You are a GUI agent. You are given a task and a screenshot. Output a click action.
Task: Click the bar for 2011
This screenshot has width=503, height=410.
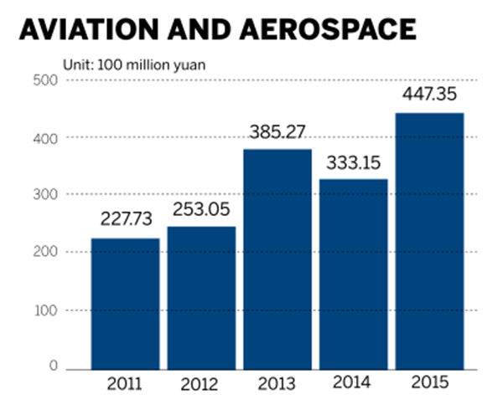(x=125, y=304)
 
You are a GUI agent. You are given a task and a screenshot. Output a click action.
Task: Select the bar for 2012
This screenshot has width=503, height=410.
(x=200, y=298)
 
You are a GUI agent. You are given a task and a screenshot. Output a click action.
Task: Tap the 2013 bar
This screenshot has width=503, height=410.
(x=277, y=259)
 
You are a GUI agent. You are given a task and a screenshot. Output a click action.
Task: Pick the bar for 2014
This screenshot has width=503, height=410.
(x=353, y=274)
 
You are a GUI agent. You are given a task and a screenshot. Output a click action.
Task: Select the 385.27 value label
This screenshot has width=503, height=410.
(x=277, y=132)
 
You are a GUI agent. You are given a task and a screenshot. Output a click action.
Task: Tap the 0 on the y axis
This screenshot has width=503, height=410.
(x=52, y=367)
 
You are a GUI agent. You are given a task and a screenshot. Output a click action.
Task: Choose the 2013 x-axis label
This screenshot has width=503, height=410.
(x=277, y=386)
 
